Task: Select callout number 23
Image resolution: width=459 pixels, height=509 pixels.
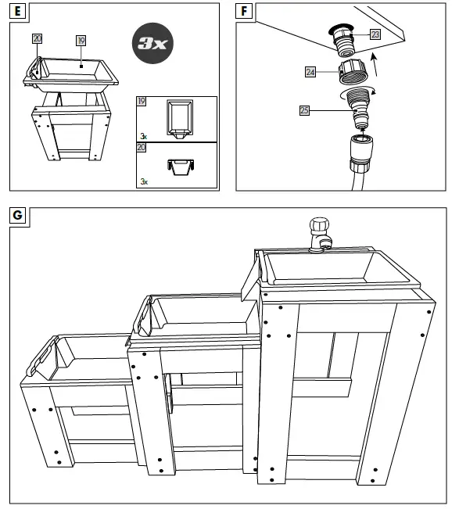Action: (375, 34)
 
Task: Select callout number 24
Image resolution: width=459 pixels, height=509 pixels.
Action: (310, 72)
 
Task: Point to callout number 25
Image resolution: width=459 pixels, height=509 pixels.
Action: (304, 110)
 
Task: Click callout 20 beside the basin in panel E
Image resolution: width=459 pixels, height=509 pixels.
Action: (38, 38)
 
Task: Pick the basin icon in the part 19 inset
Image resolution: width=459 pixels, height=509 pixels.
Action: (181, 119)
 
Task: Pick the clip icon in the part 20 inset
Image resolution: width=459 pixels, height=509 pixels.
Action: (180, 166)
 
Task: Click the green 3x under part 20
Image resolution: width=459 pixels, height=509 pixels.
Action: (144, 181)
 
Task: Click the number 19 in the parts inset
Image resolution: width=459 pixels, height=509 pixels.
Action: (142, 102)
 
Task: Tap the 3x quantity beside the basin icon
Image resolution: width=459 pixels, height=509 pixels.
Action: (144, 136)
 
